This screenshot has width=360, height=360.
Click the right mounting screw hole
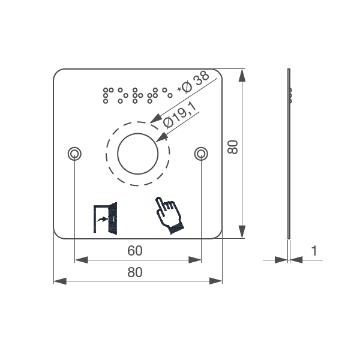[x=201, y=154]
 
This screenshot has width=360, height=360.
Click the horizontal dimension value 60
[x=135, y=251]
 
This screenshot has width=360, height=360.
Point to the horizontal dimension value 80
[x=135, y=272]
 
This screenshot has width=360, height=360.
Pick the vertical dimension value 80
[x=233, y=147]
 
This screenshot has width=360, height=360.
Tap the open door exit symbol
[x=104, y=218]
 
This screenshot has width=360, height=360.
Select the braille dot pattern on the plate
[x=137, y=94]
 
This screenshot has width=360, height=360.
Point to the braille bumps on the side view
[x=291, y=94]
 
